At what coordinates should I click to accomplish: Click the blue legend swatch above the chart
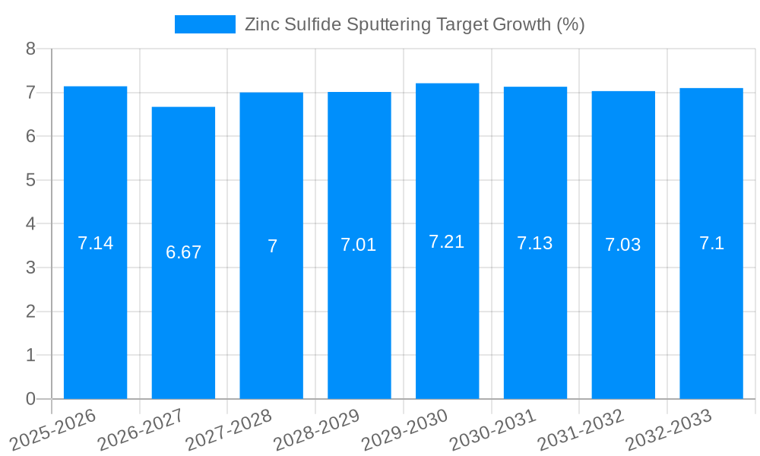(204, 24)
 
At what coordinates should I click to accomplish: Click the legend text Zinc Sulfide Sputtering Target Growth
(414, 24)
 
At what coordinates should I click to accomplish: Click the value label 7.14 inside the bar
(95, 243)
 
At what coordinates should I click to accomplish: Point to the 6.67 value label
(183, 252)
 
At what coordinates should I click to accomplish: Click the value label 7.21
(447, 242)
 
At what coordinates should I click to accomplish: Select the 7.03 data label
(623, 245)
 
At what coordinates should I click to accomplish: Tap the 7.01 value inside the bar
(359, 245)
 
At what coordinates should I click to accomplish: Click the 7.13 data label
(535, 243)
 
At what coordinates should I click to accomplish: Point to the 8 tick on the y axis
(30, 49)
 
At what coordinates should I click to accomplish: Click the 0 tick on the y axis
(30, 399)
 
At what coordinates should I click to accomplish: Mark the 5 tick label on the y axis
(30, 180)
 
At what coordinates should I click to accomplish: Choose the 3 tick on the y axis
(30, 268)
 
